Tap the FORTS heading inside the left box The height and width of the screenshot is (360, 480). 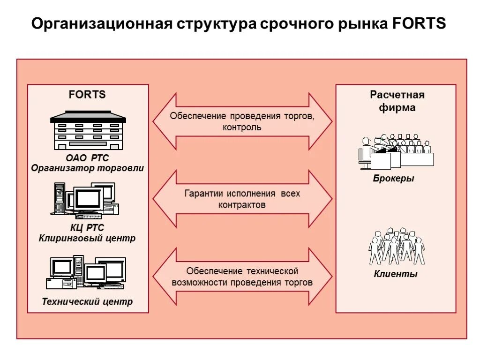click(87, 94)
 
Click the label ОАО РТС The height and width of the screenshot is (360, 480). click(87, 158)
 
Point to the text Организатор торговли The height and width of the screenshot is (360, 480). click(88, 168)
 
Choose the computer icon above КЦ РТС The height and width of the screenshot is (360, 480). click(85, 199)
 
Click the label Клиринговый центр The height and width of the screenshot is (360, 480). click(87, 238)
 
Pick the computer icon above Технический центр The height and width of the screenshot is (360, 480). click(86, 272)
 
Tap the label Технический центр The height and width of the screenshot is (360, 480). click(87, 301)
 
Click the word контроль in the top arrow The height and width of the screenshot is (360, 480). click(242, 127)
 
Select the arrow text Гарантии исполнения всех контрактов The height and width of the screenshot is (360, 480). click(242, 199)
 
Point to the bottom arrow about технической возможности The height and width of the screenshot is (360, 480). click(242, 277)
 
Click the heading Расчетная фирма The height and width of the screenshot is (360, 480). click(397, 101)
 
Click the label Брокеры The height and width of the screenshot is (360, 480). click(393, 179)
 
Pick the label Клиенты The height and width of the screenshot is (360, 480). click(395, 274)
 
